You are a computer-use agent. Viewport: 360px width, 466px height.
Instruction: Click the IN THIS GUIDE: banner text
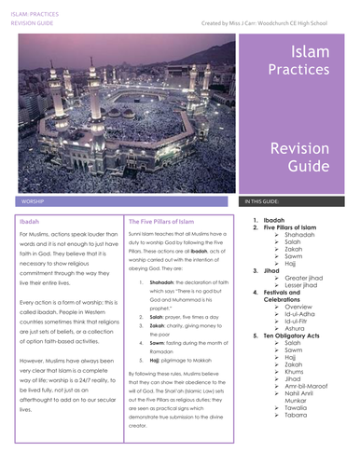point(266,200)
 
